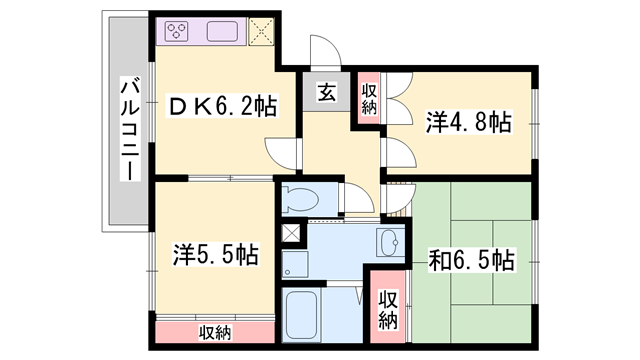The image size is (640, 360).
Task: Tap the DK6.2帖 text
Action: tap(223, 104)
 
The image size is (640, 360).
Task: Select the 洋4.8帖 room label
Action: tap(469, 123)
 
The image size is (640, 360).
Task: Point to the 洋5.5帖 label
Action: tap(214, 254)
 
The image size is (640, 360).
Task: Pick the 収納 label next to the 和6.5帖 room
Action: tap(387, 310)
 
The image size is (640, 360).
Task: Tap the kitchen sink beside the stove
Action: tap(223, 30)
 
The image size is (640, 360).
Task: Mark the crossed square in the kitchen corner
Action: tap(262, 30)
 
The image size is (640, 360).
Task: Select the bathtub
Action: tap(303, 318)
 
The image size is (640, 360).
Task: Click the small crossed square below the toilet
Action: tap(290, 233)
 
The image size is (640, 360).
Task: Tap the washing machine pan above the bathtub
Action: tap(294, 264)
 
